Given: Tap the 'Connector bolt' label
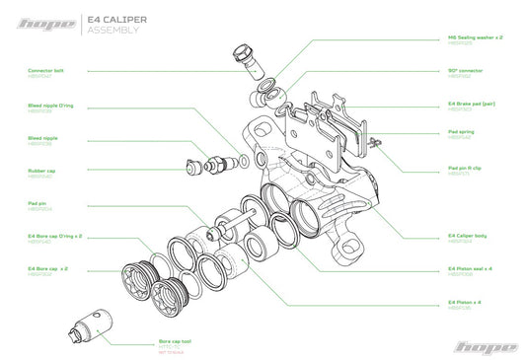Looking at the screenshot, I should tap(45, 72).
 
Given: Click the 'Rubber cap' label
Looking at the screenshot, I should tap(41, 172).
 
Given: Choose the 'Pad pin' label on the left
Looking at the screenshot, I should tap(38, 203).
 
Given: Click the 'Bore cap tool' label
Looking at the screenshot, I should tap(175, 341).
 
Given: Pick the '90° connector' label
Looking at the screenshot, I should tap(465, 72).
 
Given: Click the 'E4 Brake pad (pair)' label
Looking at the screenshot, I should tap(471, 103).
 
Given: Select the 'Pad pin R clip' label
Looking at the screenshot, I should tap(465, 168).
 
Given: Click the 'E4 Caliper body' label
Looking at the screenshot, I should tap(467, 236).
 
